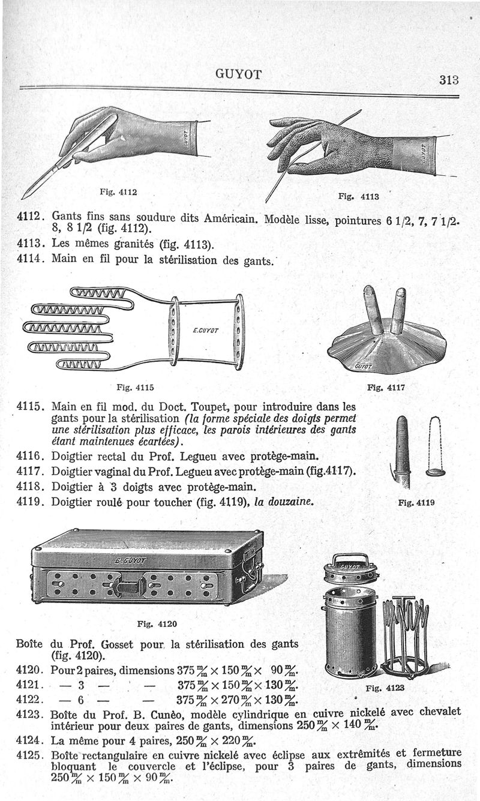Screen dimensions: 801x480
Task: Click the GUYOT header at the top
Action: (238, 74)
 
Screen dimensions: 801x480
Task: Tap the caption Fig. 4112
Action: (120, 193)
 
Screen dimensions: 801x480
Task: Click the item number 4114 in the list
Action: (31, 260)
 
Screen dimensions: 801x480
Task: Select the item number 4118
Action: (31, 487)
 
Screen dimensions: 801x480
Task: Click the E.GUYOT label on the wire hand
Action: (206, 331)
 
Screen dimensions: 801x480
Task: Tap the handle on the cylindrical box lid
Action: (350, 559)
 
